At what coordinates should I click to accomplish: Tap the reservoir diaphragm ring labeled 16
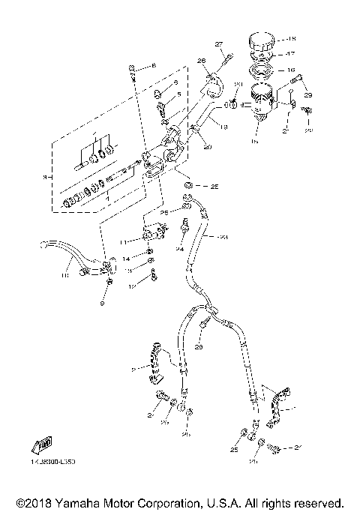coord(261,72)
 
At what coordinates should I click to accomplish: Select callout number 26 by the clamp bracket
coord(201,61)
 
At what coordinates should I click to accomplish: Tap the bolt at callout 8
coord(133,69)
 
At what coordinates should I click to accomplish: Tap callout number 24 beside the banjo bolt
coord(181,248)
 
